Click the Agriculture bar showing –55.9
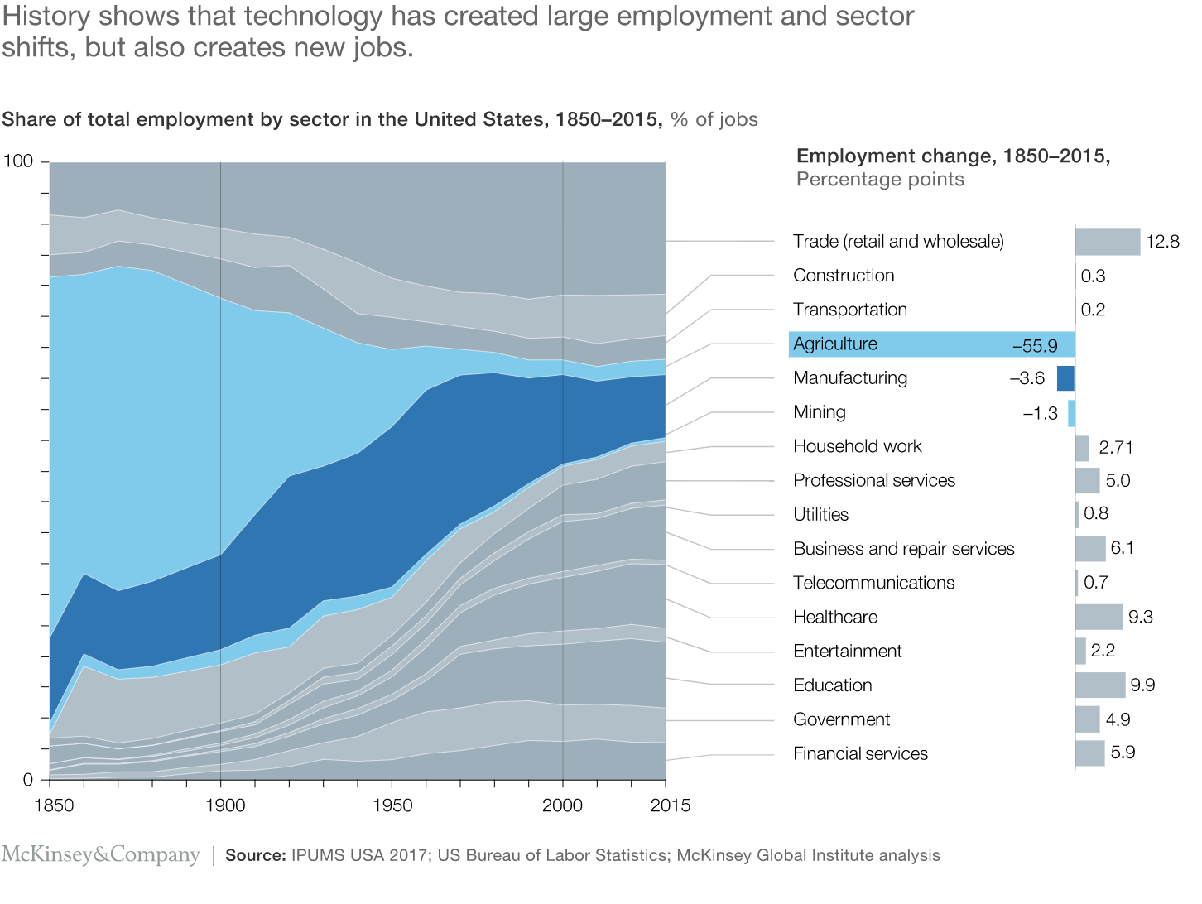click(932, 344)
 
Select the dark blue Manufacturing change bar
click(1065, 378)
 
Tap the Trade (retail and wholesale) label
click(898, 241)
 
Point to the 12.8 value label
click(1163, 243)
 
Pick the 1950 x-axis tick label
click(392, 805)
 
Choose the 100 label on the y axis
click(18, 161)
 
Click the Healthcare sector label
click(834, 617)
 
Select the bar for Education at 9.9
click(1100, 685)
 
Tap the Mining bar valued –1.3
click(1071, 413)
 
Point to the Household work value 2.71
click(1116, 448)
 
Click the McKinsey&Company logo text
click(100, 854)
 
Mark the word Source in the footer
click(255, 855)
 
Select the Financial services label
click(860, 753)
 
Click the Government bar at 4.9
click(1087, 719)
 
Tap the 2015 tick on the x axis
click(671, 805)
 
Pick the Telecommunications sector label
click(873, 583)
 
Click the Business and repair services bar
click(1090, 548)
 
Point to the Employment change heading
click(953, 156)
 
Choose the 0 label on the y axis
click(28, 780)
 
